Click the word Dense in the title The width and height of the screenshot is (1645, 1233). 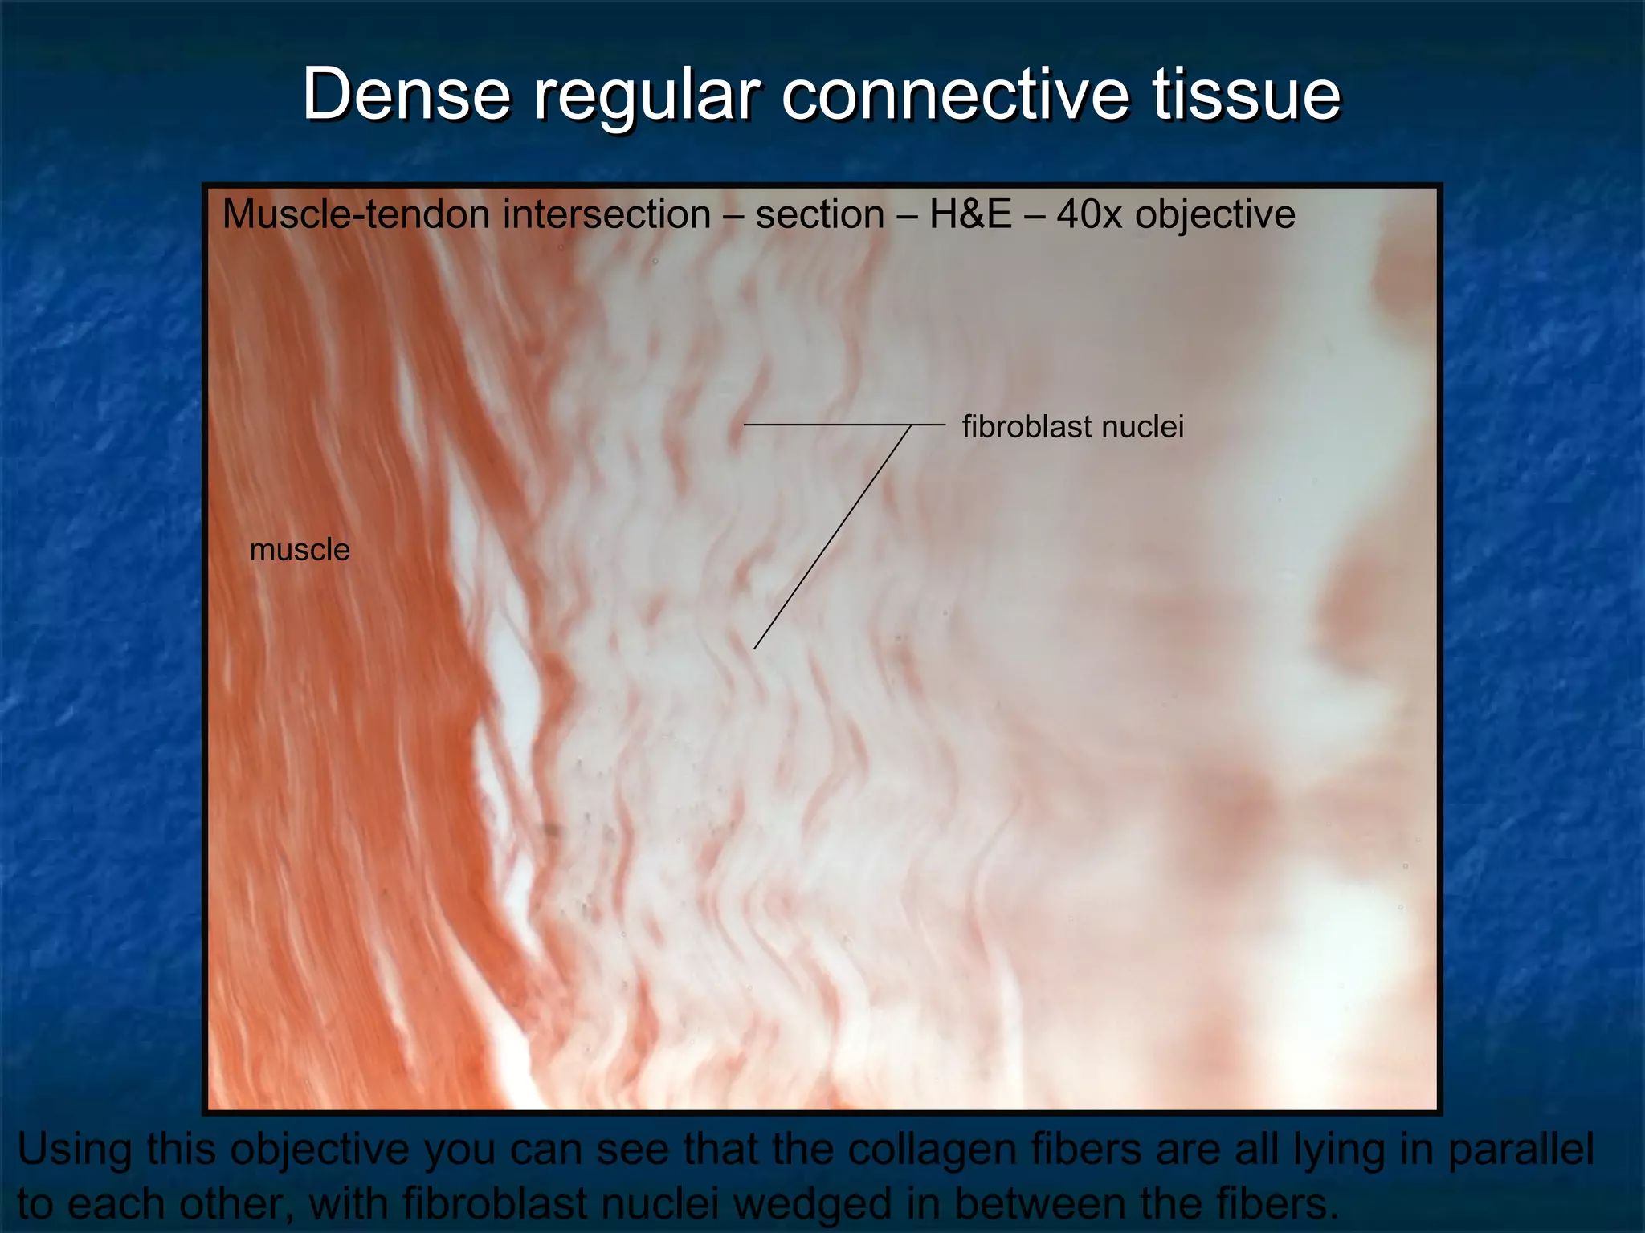click(406, 95)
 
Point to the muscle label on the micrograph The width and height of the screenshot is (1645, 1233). click(300, 550)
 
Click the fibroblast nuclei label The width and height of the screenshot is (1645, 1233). click(1072, 426)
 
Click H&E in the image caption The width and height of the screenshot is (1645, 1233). click(969, 215)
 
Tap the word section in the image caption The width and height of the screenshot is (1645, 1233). click(819, 215)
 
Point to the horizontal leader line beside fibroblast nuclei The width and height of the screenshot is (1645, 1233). click(843, 424)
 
